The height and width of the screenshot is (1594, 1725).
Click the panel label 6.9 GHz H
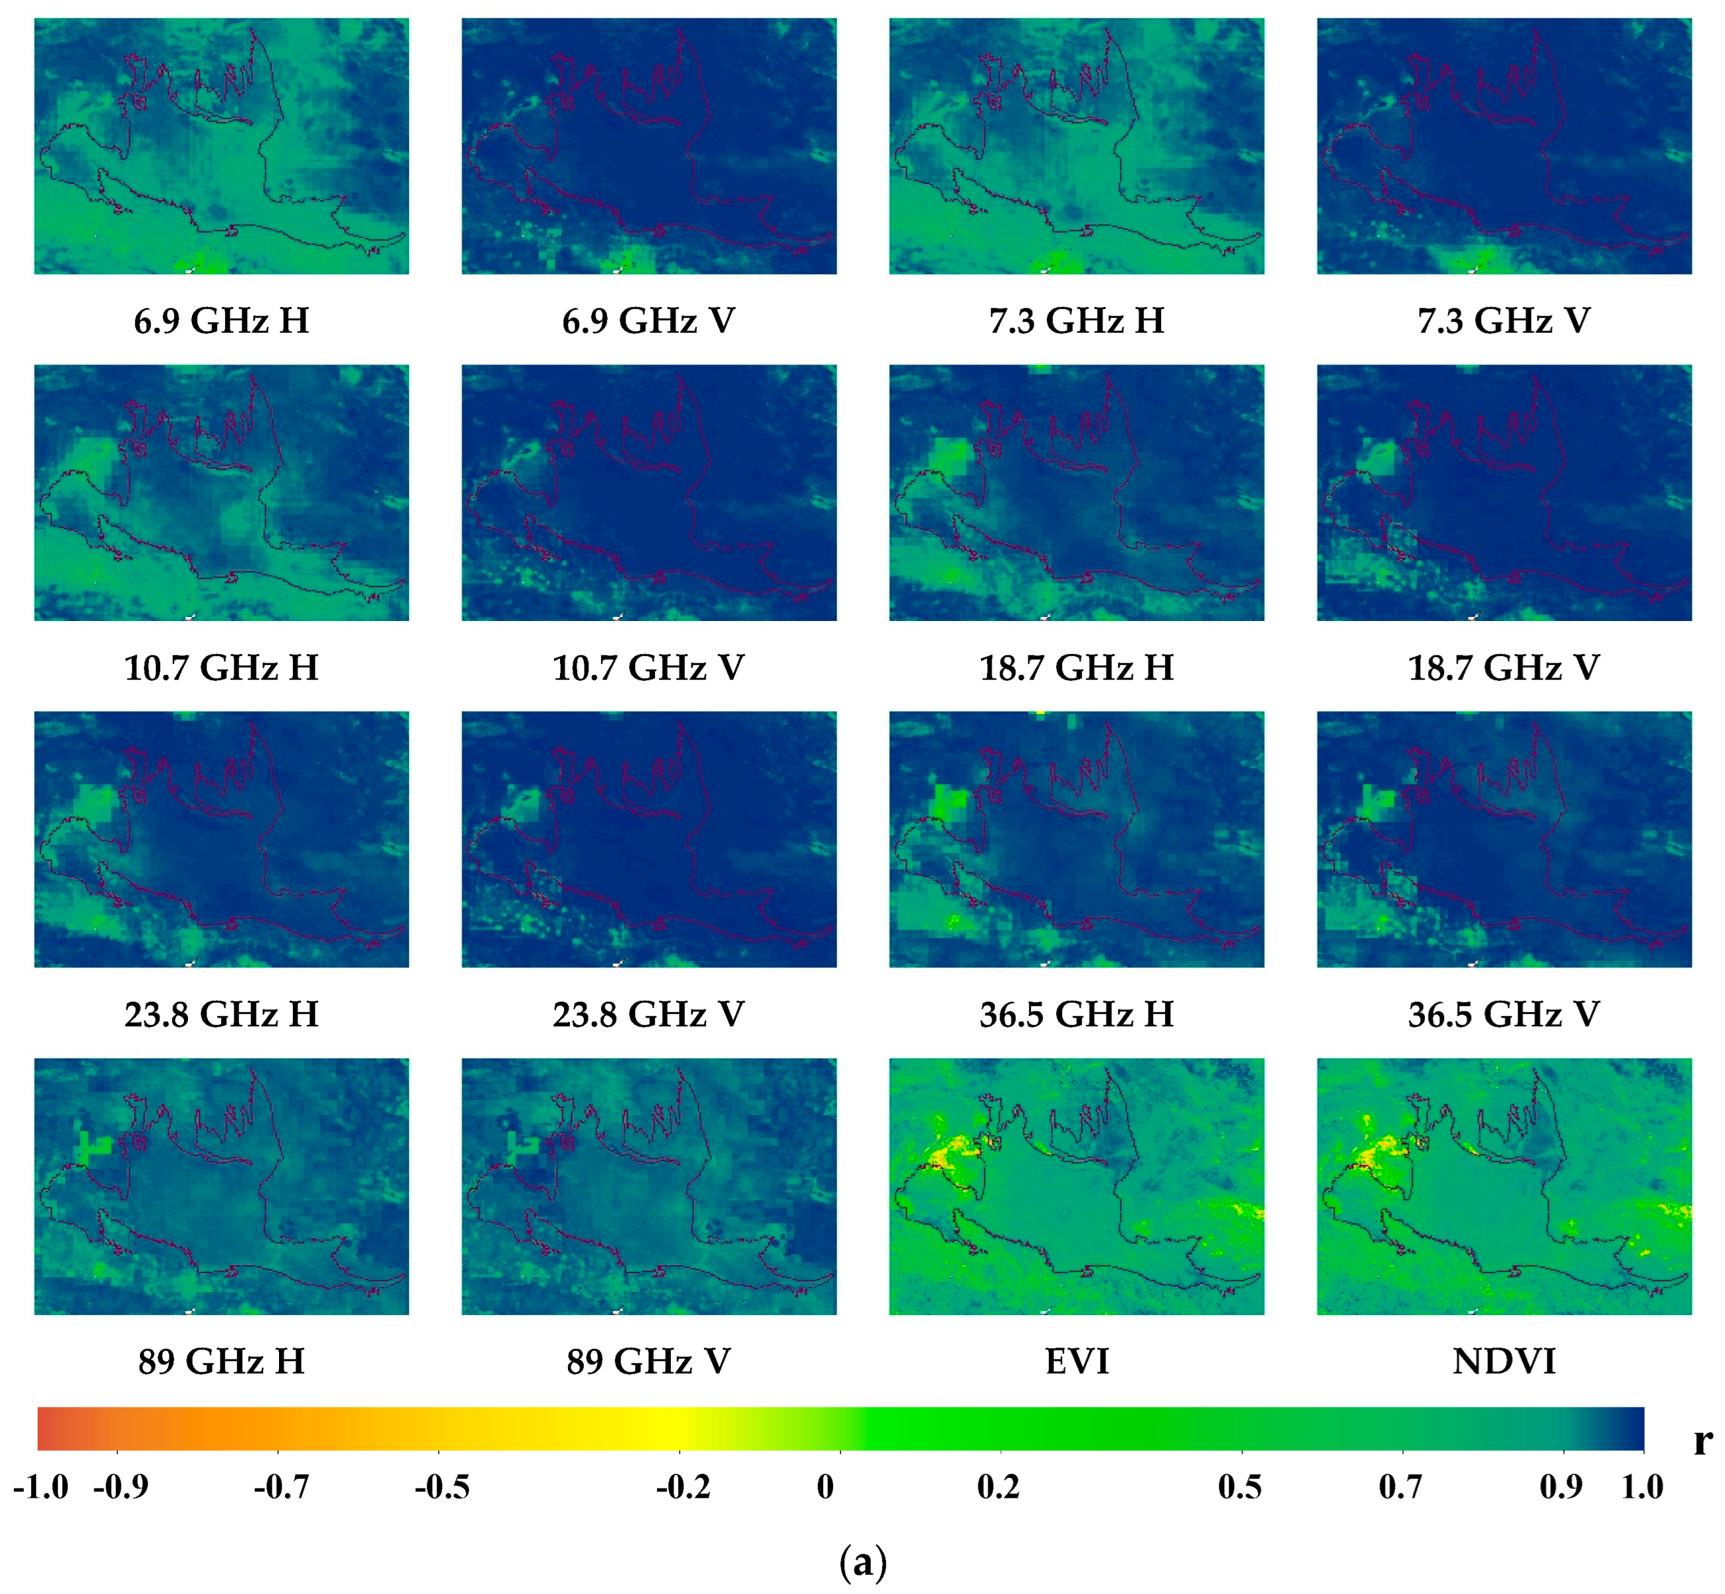coord(221,321)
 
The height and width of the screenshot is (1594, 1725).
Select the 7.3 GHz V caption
coord(1503,321)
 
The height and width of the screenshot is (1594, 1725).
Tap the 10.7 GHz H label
coord(221,668)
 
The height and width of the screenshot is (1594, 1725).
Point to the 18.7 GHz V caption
coord(1503,668)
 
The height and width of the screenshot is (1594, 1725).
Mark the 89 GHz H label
coord(221,1361)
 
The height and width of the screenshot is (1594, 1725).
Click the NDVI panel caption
coord(1503,1361)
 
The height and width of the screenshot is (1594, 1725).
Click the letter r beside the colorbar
coord(1702,1440)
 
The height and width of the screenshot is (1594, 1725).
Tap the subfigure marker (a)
coord(862,1562)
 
